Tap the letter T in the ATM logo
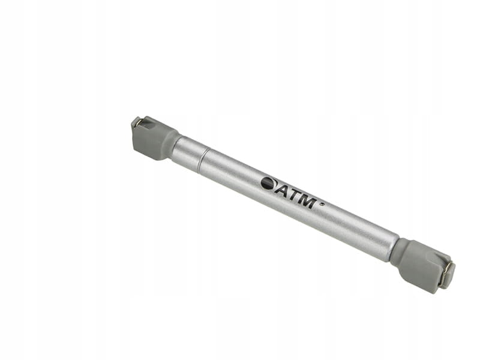293,196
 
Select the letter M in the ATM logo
307,202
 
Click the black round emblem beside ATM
268,184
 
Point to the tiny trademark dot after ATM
322,204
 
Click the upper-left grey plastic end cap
154,138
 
